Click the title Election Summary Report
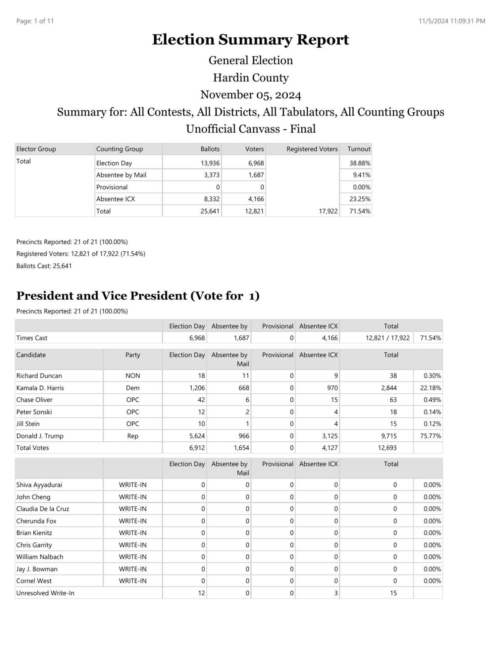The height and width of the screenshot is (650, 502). click(x=250, y=40)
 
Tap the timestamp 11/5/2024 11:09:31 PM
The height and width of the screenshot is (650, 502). click(x=452, y=21)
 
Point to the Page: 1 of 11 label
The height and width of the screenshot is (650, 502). click(x=35, y=21)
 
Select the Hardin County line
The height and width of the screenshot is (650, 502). click(x=250, y=77)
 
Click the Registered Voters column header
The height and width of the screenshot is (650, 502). click(x=312, y=149)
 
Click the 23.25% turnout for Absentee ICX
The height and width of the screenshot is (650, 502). click(x=360, y=199)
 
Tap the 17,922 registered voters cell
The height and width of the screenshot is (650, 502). click(x=328, y=211)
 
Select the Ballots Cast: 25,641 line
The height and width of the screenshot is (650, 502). click(x=44, y=266)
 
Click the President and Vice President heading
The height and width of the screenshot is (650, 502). click(x=138, y=296)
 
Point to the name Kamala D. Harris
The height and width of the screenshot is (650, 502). click(x=40, y=388)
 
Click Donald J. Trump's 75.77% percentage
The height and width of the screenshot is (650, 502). click(x=430, y=436)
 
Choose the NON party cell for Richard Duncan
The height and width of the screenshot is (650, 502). click(x=133, y=376)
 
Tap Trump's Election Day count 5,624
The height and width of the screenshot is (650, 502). click(x=197, y=436)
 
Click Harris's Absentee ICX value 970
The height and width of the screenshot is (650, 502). click(x=332, y=388)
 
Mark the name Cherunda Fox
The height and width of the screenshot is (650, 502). click(x=36, y=521)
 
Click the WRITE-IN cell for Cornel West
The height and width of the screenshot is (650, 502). click(x=133, y=581)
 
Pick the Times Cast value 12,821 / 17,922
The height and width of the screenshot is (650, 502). click(x=387, y=338)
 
